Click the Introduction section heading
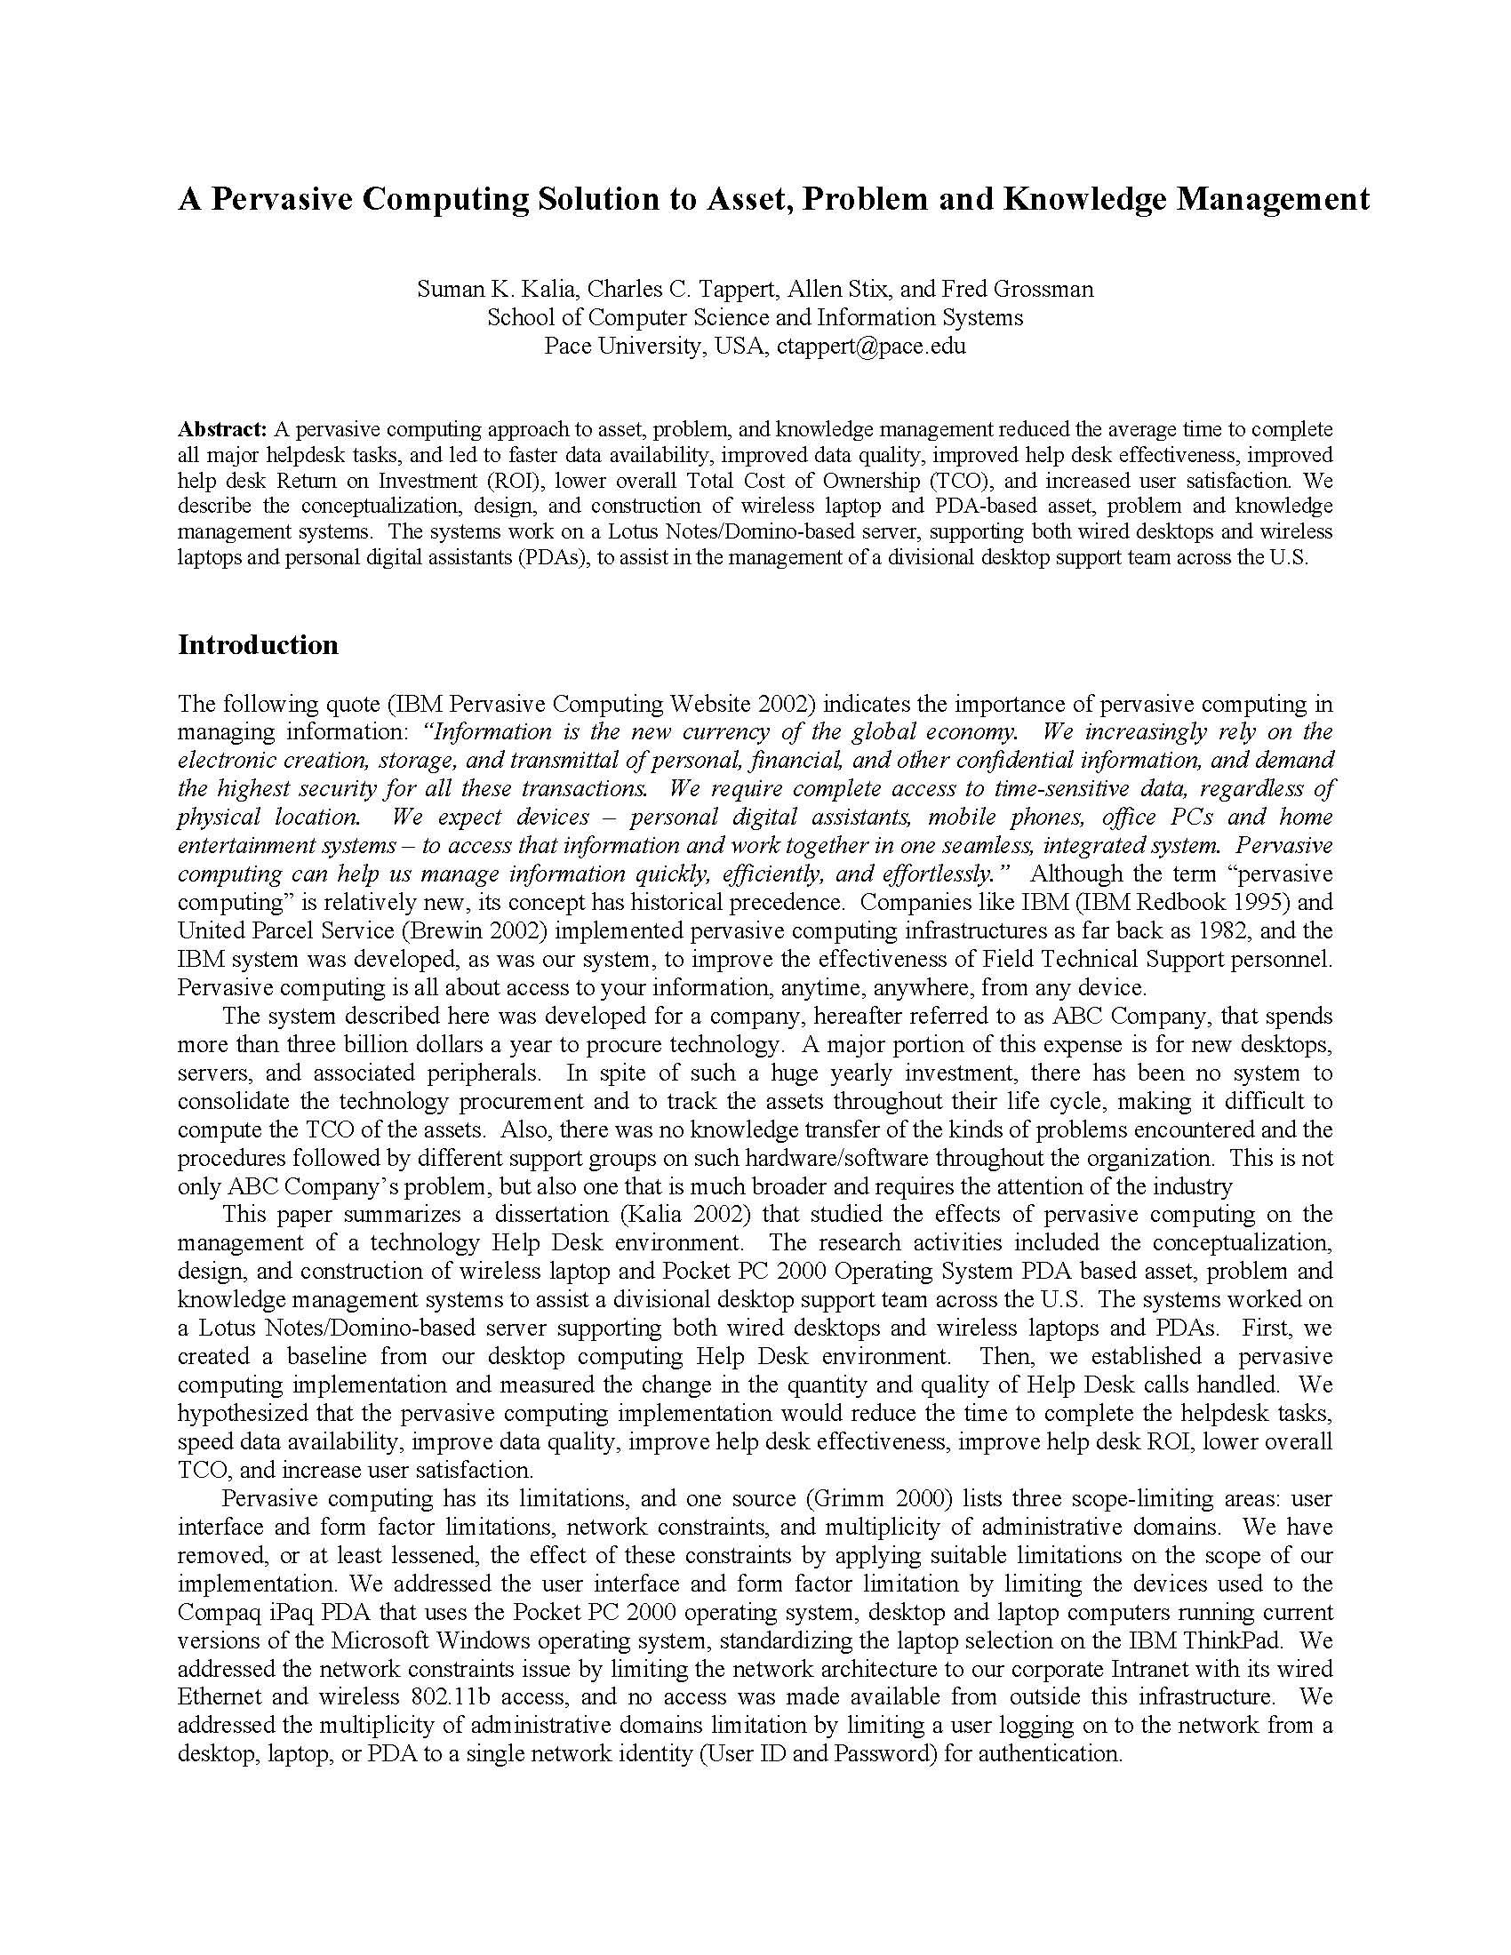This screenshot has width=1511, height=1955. click(x=258, y=645)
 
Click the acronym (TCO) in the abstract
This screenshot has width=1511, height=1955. click(x=958, y=481)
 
